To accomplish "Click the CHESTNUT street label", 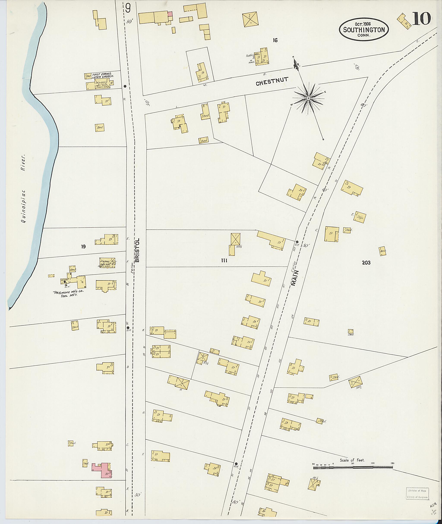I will point(272,82).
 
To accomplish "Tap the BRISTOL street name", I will point(137,250).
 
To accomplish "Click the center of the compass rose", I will point(308,98).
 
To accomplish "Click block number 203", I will point(366,263).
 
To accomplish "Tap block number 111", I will point(224,261).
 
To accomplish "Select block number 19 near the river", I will point(83,247).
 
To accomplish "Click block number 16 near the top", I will point(275,40).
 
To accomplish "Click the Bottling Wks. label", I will point(251,56).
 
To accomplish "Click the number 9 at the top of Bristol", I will point(128,9).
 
